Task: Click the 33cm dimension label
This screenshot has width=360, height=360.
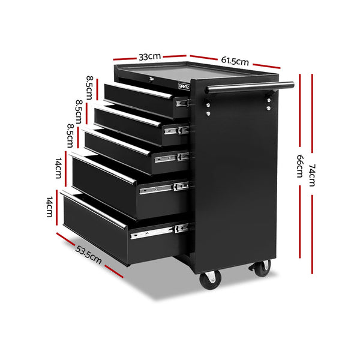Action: pos(149,57)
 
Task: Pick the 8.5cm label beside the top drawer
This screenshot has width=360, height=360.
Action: pos(90,86)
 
